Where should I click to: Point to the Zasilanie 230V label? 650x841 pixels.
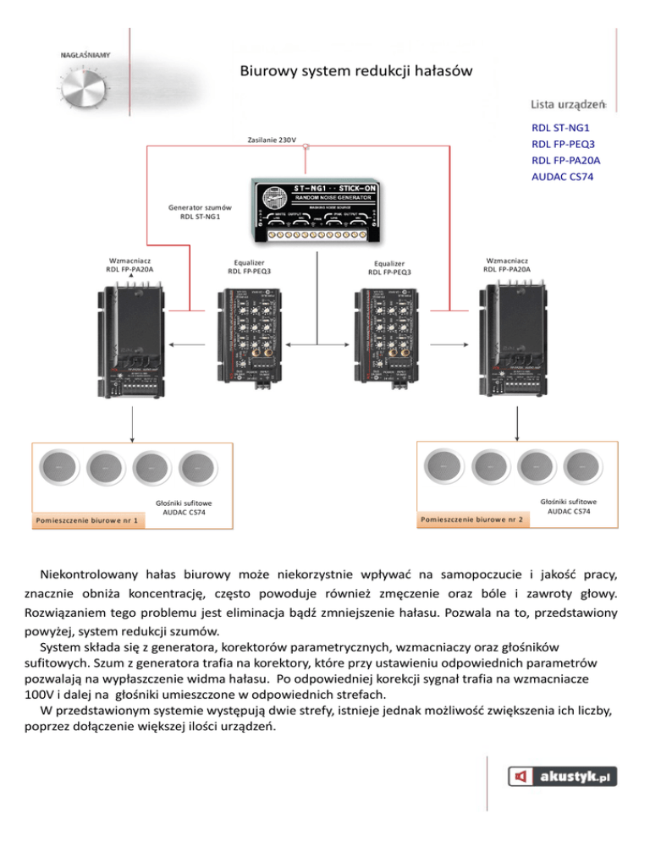click(272, 140)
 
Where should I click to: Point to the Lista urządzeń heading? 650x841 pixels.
click(567, 104)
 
